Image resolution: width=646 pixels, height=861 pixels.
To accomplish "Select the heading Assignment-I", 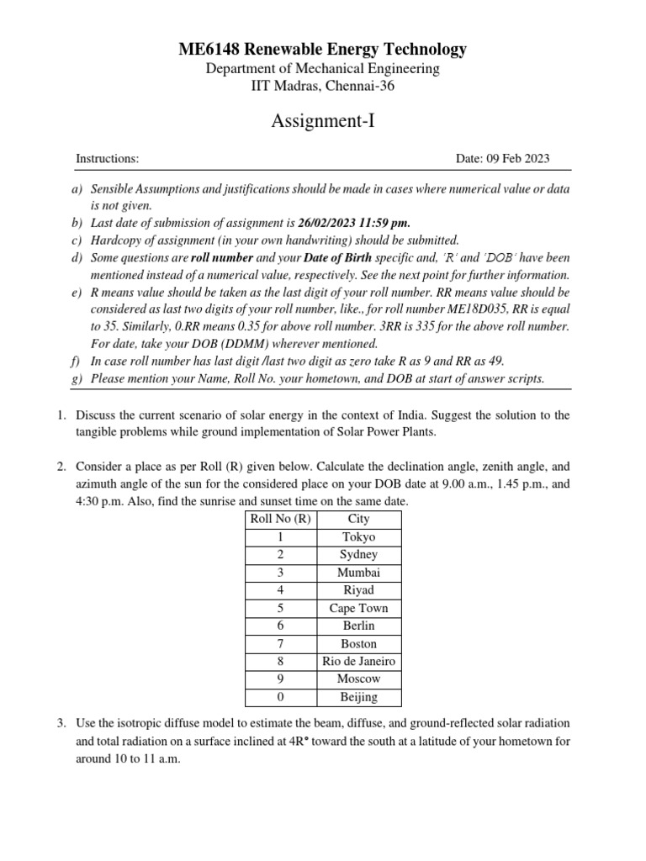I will tap(322, 122).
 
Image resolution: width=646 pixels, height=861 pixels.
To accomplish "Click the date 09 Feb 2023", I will tap(503, 158).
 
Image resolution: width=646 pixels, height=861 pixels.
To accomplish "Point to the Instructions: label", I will tap(108, 158).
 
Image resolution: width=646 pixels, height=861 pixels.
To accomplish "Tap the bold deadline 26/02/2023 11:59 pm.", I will tap(354, 223).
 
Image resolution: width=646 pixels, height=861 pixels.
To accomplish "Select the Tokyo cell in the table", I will tap(359, 536).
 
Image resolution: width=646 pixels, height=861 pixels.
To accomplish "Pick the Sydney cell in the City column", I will tap(359, 555).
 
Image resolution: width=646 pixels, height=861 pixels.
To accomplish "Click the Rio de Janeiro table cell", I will tap(359, 662).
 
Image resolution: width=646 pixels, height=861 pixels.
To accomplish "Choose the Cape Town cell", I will tap(359, 608).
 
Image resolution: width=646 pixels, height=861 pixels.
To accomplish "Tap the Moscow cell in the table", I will tap(359, 679).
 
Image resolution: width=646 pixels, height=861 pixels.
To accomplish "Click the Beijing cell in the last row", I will tap(359, 697).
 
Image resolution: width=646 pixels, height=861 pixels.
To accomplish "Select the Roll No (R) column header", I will tap(280, 519).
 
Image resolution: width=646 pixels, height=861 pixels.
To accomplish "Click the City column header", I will tap(359, 519).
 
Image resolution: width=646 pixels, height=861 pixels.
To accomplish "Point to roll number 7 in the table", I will tap(280, 644).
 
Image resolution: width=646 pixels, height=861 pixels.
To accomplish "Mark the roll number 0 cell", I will tap(280, 697).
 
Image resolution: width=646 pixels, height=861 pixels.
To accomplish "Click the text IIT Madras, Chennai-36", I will tap(322, 86).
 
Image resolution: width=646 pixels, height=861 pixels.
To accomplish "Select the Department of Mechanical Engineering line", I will tap(322, 69).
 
